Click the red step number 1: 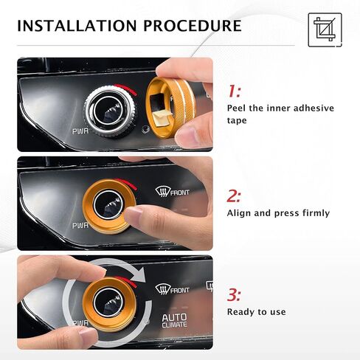pos(234,91)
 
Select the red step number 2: pos(234,196)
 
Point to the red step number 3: pos(234,295)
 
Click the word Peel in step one pos(239,108)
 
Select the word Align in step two pos(240,213)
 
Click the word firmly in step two pos(314,213)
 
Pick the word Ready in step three pos(241,312)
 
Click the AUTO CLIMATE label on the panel pos(174,321)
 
